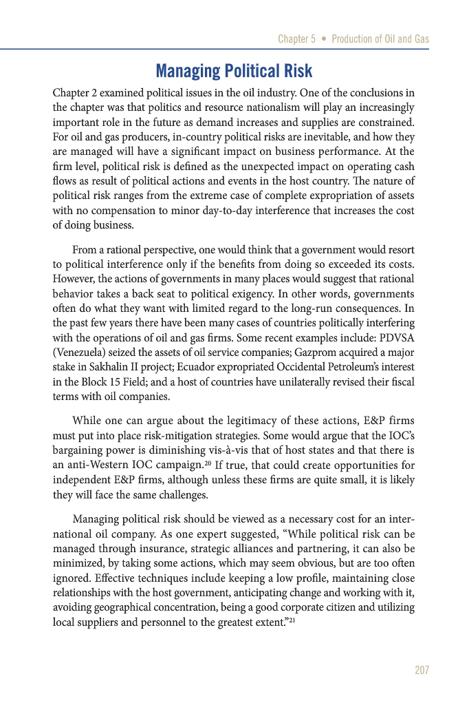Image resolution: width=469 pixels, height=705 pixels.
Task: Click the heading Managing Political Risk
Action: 234,71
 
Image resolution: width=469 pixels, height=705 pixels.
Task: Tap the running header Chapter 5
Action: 297,39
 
